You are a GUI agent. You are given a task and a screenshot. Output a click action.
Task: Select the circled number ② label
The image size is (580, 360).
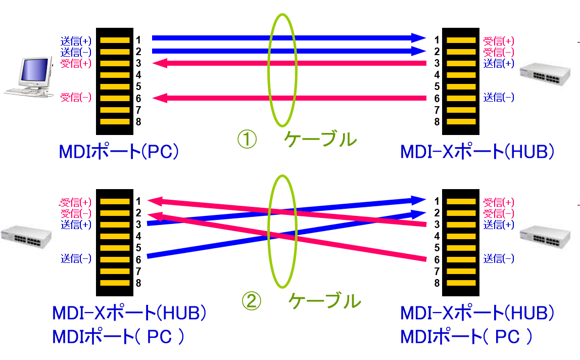coord(252,302)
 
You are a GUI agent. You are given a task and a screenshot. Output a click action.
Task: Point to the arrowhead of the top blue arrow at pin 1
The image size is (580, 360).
coord(419,38)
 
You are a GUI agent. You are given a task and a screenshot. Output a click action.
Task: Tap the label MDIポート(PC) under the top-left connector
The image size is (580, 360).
coord(119,152)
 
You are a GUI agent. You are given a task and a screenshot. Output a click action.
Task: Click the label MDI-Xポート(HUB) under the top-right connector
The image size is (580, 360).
coord(477,152)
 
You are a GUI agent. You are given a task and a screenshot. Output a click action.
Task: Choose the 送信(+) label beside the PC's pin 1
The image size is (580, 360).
coord(76,41)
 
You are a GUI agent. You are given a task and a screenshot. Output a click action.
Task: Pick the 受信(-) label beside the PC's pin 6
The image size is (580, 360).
coord(76,98)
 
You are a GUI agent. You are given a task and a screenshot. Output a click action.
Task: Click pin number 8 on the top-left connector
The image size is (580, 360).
coord(138,122)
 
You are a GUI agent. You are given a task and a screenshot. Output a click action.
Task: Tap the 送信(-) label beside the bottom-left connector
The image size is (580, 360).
coord(76,259)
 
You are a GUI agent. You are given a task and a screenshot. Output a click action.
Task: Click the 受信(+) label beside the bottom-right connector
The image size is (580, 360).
coord(499,202)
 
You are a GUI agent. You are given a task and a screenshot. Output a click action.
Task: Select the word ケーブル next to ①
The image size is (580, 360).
coord(320,139)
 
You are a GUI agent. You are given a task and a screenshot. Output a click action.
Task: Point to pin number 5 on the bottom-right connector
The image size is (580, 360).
coord(437,248)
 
